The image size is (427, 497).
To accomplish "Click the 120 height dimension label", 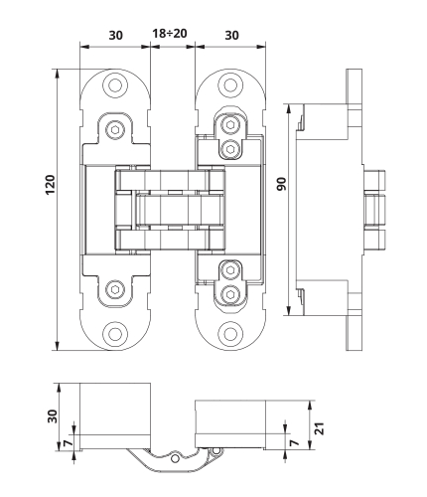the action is click(x=50, y=184).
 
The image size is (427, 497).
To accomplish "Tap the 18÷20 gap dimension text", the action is click(x=170, y=33).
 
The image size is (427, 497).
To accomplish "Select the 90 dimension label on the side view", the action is click(x=281, y=184).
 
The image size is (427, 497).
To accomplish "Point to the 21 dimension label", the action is click(x=320, y=428).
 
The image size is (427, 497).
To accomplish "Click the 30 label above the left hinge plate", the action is click(x=116, y=35).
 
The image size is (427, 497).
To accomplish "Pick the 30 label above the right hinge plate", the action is click(x=231, y=35).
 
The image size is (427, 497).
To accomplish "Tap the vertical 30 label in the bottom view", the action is click(x=53, y=416).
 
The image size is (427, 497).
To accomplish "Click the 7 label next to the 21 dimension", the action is click(x=294, y=442).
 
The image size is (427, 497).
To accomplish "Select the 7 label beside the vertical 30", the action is click(x=69, y=443).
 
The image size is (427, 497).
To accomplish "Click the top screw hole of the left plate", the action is click(x=115, y=85).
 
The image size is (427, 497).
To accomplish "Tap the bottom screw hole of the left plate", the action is click(x=115, y=334).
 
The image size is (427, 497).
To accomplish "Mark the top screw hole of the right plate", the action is click(x=230, y=84).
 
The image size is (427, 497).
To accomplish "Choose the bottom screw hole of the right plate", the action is click(x=230, y=334).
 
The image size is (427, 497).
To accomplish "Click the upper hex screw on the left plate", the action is click(x=115, y=129).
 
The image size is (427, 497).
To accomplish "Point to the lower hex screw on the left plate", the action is click(x=115, y=290).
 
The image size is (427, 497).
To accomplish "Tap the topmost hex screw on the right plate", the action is click(x=230, y=125).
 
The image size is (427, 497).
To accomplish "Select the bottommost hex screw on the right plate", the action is click(x=230, y=293).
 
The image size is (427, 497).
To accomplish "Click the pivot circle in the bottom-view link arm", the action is click(x=174, y=458).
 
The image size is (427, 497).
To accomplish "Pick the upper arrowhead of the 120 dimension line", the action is click(x=58, y=74).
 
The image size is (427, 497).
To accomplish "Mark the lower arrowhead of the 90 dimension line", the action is click(x=289, y=310).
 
